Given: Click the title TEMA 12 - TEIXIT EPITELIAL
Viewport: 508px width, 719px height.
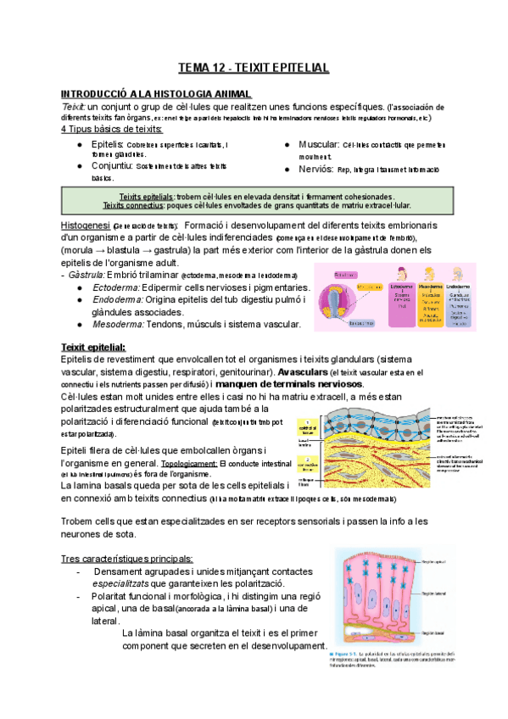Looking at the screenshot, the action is pyautogui.click(x=253, y=67).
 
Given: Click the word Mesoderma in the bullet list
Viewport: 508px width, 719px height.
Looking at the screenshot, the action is pyautogui.click(x=118, y=323).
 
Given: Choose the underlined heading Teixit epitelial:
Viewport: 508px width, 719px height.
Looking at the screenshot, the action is pyautogui.click(x=93, y=347).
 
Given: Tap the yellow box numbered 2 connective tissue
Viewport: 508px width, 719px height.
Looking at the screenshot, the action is pyautogui.click(x=307, y=462).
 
